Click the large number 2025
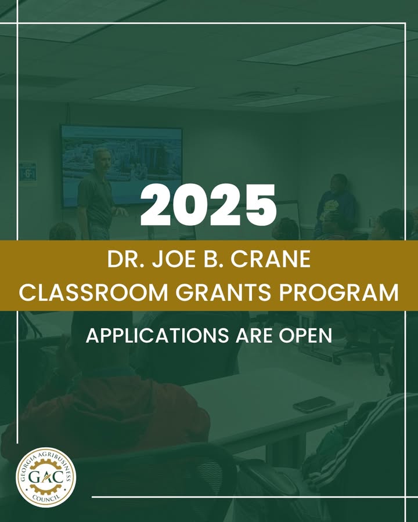click(x=208, y=205)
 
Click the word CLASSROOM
click(x=93, y=293)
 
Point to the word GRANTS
click(x=223, y=293)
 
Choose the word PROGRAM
click(x=338, y=293)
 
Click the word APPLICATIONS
click(x=157, y=336)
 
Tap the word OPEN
click(x=305, y=336)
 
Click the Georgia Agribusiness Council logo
click(x=46, y=477)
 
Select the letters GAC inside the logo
click(x=46, y=477)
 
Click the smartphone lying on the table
click(x=313, y=404)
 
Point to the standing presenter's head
click(x=102, y=160)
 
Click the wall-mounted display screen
click(x=121, y=165)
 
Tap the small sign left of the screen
click(x=28, y=172)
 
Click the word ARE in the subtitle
click(x=254, y=336)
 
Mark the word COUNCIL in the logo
click(x=46, y=498)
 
